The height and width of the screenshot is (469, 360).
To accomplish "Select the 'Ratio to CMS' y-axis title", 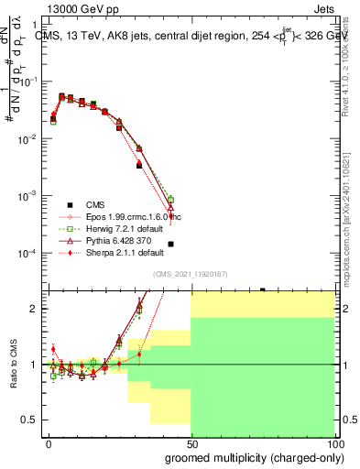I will [13, 365].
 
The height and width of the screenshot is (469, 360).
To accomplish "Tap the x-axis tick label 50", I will [191, 443].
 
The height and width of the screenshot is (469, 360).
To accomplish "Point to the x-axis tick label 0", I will [49, 443].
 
